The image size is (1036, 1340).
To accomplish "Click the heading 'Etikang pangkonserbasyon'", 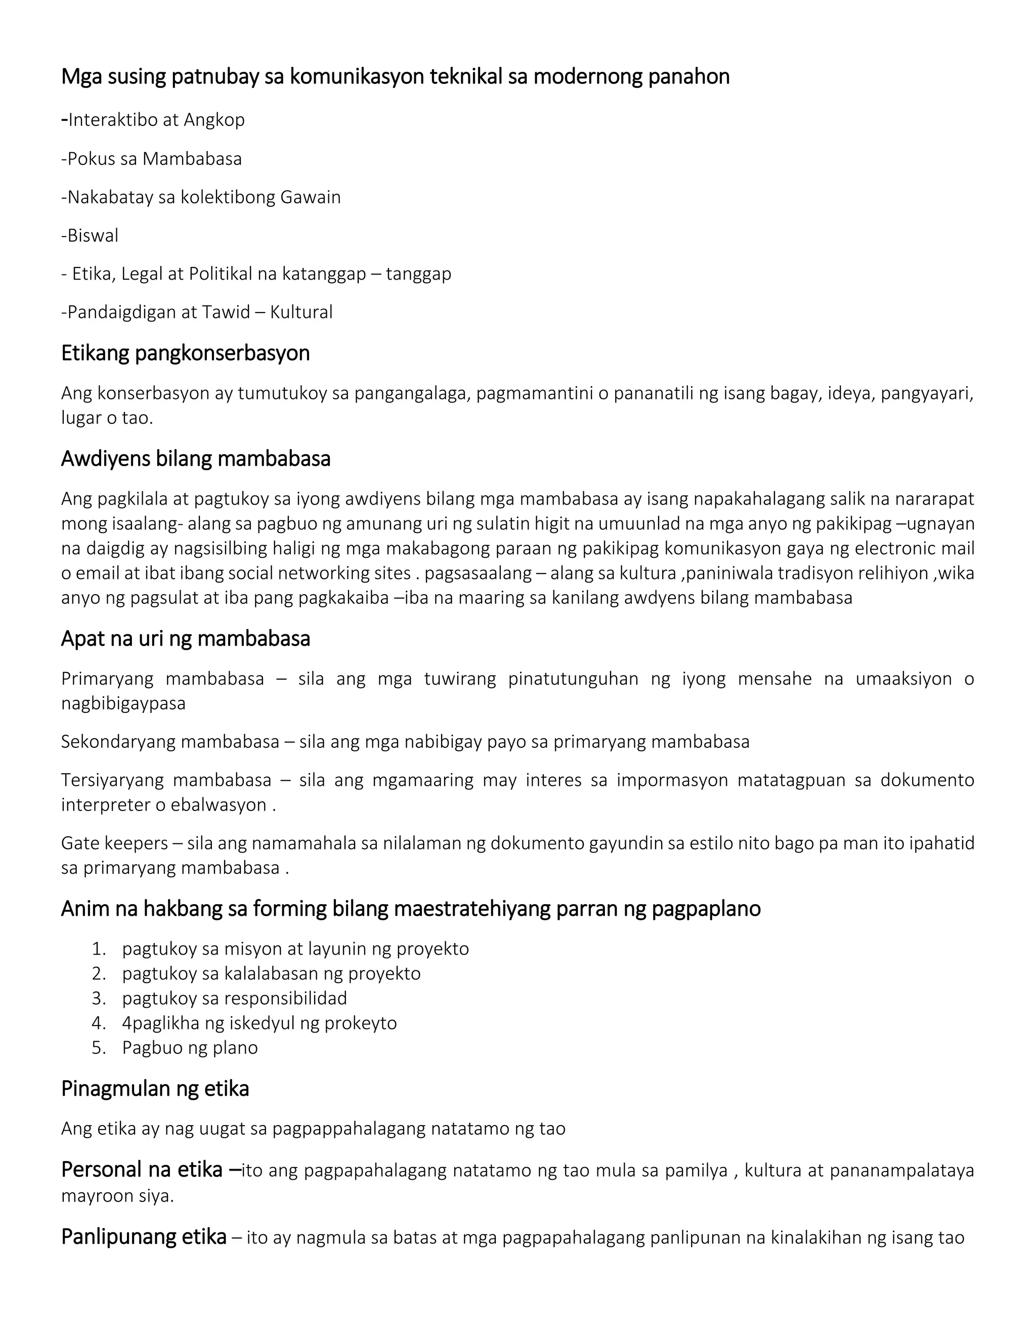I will coord(185,353).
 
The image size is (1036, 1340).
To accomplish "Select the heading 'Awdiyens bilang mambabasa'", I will coord(196,459).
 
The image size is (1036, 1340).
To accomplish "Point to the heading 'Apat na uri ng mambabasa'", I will coord(185,639).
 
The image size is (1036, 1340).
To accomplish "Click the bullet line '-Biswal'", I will coord(90,236).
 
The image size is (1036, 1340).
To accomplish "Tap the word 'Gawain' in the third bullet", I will coord(310,198).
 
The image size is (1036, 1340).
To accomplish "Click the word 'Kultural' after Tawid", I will coord(301,312).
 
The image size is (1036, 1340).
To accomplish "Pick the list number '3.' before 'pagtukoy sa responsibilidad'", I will coord(99,998).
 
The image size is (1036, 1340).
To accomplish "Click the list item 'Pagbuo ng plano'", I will coord(190,1047).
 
